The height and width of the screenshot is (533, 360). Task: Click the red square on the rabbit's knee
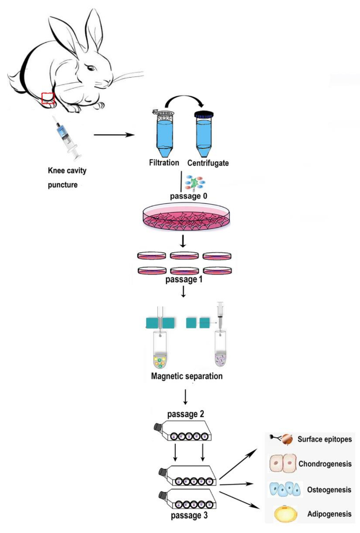coord(48,98)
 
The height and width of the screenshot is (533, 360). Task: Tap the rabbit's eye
coord(91,68)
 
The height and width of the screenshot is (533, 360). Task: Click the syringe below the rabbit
coord(67,138)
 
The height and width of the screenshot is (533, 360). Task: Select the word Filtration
coord(164,163)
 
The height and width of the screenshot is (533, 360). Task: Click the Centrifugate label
coord(208,163)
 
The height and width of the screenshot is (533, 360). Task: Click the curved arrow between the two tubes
coord(184,100)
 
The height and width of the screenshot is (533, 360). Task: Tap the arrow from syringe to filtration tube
coord(114,135)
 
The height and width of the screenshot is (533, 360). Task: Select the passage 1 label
coord(184,279)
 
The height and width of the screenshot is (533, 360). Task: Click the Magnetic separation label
coord(187,376)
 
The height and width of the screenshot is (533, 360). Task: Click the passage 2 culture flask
coord(183,431)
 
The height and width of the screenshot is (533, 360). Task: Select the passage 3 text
coord(189,516)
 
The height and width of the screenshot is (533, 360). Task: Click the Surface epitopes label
coord(325,439)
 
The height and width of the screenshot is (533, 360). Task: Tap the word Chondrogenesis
coord(325,464)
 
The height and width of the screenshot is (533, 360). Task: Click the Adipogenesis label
coord(330,514)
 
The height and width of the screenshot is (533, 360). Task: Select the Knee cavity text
coord(67,170)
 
